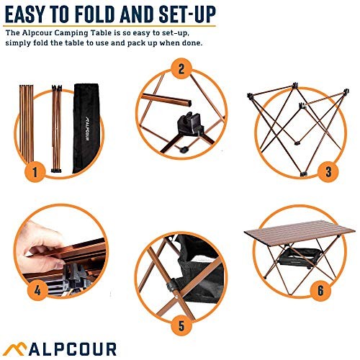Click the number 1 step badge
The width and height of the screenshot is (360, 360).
(33, 172)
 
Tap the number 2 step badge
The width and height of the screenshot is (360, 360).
(181, 70)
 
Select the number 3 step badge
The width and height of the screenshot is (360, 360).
(328, 171)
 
